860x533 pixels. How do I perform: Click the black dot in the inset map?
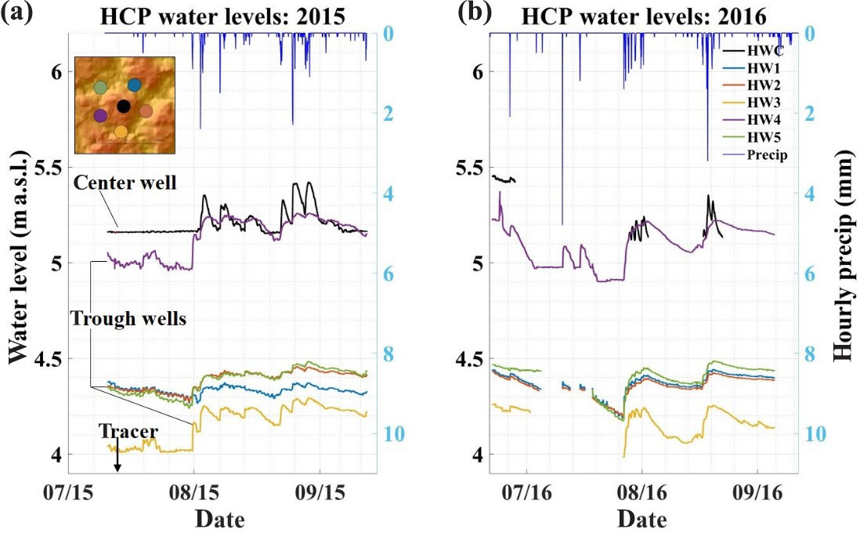tap(123, 106)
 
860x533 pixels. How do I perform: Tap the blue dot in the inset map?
tap(135, 85)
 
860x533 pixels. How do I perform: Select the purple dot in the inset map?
tap(100, 115)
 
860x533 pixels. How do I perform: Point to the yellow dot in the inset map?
tap(121, 131)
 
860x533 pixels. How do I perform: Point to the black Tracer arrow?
tap(117, 457)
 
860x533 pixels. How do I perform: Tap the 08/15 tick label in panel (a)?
tap(193, 495)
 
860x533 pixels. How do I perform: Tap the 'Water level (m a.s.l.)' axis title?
tap(17, 267)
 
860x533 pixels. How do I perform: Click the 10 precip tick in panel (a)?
tap(396, 433)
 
